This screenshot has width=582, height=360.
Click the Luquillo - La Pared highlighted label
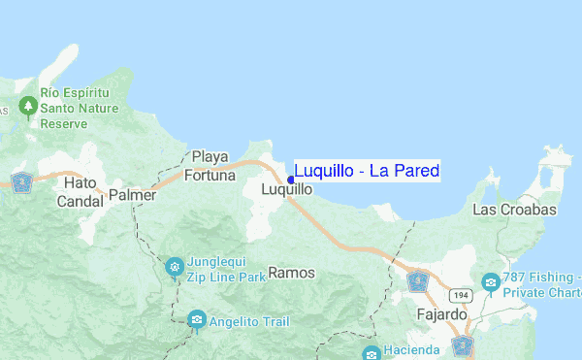click(x=367, y=172)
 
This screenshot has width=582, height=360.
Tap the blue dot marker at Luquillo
click(x=291, y=179)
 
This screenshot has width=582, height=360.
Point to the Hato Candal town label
click(x=81, y=192)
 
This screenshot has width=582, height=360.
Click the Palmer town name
click(x=133, y=195)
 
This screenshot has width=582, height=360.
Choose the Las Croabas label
click(x=514, y=210)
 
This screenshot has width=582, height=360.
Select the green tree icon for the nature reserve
click(x=28, y=105)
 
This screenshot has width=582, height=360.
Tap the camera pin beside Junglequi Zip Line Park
click(x=174, y=266)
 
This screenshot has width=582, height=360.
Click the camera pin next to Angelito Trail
click(x=197, y=318)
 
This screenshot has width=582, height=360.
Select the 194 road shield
click(x=460, y=293)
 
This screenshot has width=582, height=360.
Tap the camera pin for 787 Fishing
click(x=491, y=282)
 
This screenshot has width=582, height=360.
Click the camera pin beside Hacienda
click(x=371, y=351)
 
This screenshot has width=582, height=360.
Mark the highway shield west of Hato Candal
click(x=21, y=180)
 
